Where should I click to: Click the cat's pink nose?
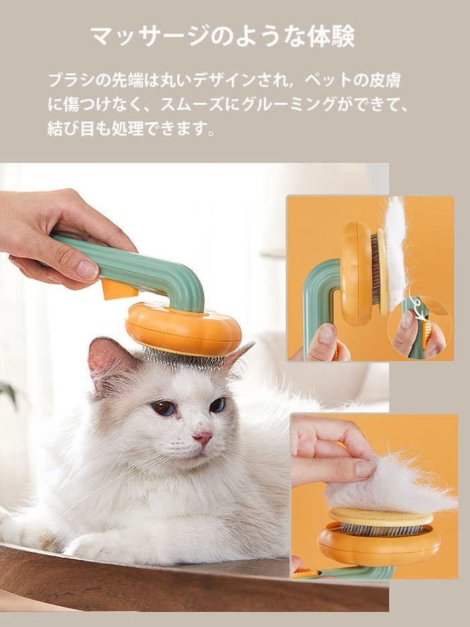coord(203,437)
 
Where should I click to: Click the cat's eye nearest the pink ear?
coord(164,408)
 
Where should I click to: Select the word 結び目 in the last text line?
coord(71,128)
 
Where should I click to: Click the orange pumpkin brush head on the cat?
coord(183,329)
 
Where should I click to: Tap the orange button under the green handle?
coord(117,289)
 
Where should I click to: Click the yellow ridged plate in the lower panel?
coord(381,517)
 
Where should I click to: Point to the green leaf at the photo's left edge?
coord(9,394)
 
